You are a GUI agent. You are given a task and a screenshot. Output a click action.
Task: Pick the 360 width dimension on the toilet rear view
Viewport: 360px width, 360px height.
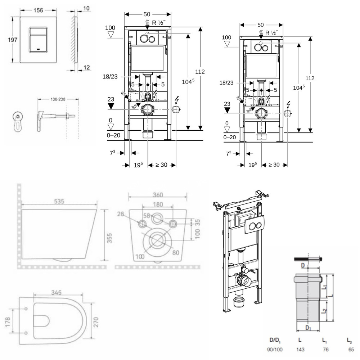point(158,195)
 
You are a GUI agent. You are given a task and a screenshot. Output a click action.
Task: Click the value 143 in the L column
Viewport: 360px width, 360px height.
point(300,349)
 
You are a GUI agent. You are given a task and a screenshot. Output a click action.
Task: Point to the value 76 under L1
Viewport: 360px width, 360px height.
point(325,349)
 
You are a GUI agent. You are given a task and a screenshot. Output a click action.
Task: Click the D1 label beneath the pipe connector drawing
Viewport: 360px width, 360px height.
point(308,329)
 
